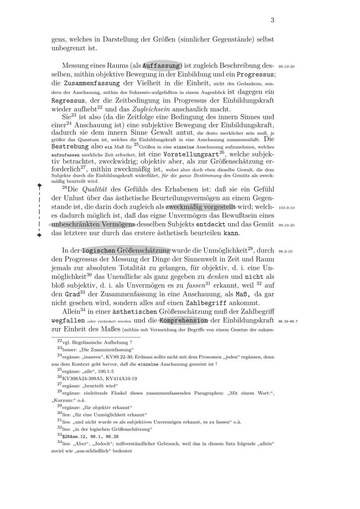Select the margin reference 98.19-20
click(x=287, y=66)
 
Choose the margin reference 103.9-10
click(x=287, y=209)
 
